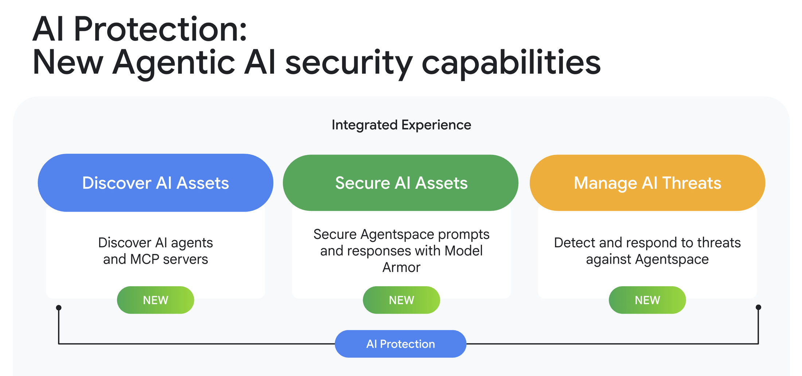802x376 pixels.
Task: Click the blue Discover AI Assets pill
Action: pyautogui.click(x=155, y=183)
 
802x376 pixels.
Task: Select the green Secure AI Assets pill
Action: pyautogui.click(x=401, y=183)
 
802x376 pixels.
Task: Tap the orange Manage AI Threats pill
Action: pyautogui.click(x=647, y=183)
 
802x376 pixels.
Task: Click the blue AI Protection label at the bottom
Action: pyautogui.click(x=400, y=344)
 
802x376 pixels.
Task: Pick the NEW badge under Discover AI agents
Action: pyautogui.click(x=155, y=300)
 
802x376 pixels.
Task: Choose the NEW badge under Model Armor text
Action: pyautogui.click(x=401, y=300)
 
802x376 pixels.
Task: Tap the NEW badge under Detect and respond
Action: pyautogui.click(x=647, y=300)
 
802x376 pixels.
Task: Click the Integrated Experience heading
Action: pyautogui.click(x=401, y=125)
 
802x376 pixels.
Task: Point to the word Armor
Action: pyautogui.click(x=401, y=268)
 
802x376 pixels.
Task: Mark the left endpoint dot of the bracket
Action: pyautogui.click(x=59, y=307)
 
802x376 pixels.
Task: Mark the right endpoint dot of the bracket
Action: pyautogui.click(x=758, y=307)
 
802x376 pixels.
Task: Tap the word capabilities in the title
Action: pyautogui.click(x=511, y=63)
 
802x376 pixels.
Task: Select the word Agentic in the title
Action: pyautogui.click(x=174, y=63)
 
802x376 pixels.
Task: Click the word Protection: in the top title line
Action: pyautogui.click(x=160, y=29)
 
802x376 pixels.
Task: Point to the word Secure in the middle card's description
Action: pyautogui.click(x=335, y=234)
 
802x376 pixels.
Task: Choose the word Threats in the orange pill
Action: pyautogui.click(x=692, y=183)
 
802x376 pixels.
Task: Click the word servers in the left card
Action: pyautogui.click(x=185, y=259)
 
